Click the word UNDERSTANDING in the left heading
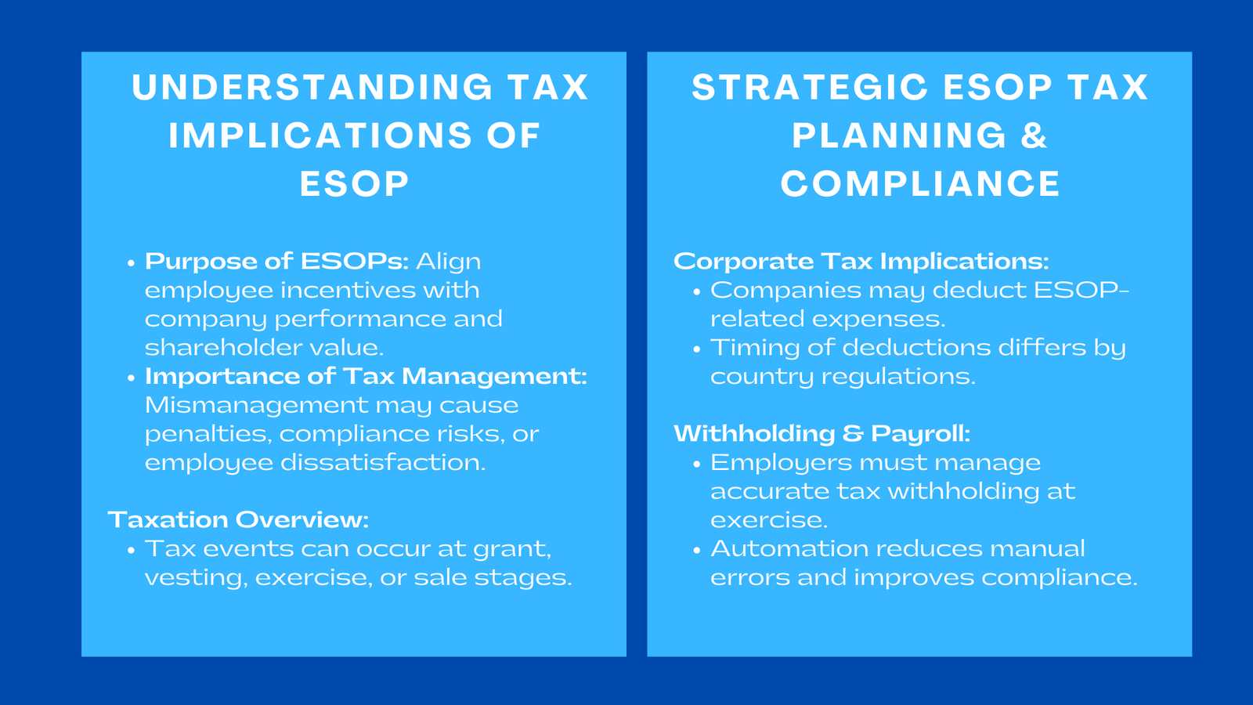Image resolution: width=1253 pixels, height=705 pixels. pyautogui.click(x=312, y=87)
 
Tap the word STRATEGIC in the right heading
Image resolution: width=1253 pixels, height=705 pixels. pyautogui.click(x=811, y=87)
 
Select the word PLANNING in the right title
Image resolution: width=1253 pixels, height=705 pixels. pyautogui.click(x=898, y=136)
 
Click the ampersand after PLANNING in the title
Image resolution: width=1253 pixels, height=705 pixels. pyautogui.click(x=1034, y=136)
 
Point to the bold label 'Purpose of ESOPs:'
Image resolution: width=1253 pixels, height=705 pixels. pyautogui.click(x=276, y=261)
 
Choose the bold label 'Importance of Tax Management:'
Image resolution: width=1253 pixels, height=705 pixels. pyautogui.click(x=366, y=376)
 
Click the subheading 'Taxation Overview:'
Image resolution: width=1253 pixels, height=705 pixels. pyautogui.click(x=238, y=519)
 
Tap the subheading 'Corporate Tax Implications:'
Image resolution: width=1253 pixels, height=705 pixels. pyautogui.click(x=861, y=261)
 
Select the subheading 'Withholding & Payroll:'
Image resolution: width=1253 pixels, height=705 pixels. pyautogui.click(x=821, y=433)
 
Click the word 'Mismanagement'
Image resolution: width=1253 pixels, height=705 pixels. pyautogui.click(x=255, y=405)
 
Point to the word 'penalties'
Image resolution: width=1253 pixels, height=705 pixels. pyautogui.click(x=208, y=434)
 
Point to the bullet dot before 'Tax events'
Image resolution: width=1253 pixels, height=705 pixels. pyautogui.click(x=132, y=550)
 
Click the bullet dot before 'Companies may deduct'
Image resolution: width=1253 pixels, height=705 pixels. pyautogui.click(x=697, y=291)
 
